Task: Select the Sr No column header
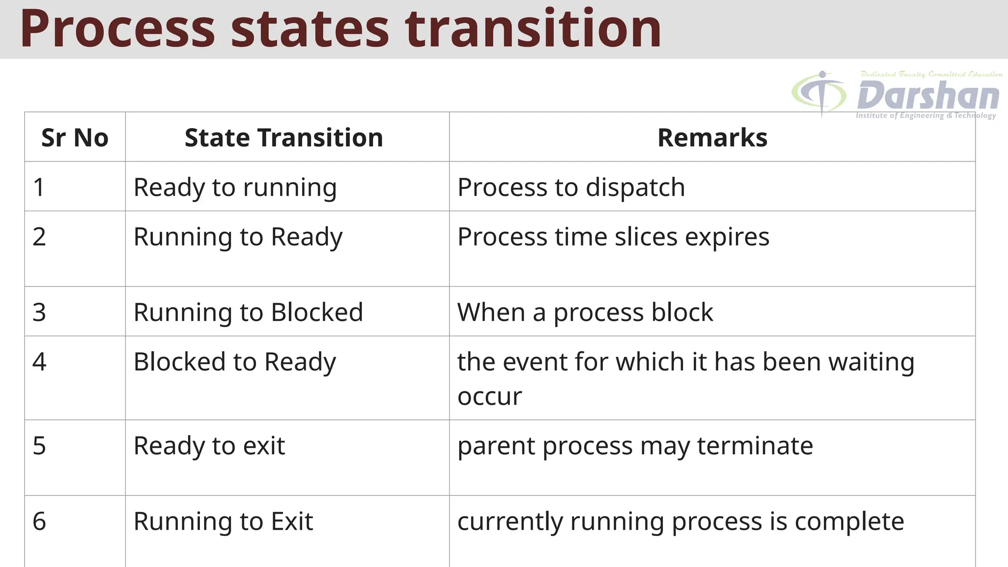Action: tap(75, 137)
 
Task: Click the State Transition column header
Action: tap(284, 137)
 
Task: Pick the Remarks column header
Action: tap(712, 137)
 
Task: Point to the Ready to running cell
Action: tap(235, 188)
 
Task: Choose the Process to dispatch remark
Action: tap(571, 187)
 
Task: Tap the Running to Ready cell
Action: tap(238, 237)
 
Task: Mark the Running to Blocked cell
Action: tap(248, 312)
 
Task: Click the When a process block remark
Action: tap(585, 312)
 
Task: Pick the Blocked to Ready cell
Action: tap(235, 362)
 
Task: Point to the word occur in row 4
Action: tap(489, 397)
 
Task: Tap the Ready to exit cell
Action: tap(209, 446)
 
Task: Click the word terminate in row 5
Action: tap(755, 446)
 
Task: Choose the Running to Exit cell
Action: tap(223, 521)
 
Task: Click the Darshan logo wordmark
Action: tap(928, 95)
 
